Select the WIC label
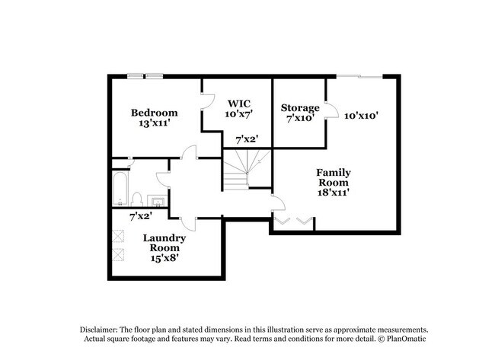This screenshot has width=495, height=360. click(239, 103)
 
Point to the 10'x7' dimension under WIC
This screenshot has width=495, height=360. click(239, 113)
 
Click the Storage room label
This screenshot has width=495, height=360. click(300, 107)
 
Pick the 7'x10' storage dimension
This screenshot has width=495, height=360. click(300, 118)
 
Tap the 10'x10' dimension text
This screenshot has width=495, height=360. click(361, 116)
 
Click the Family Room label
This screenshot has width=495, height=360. click(333, 177)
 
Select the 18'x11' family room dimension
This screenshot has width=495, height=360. click(333, 193)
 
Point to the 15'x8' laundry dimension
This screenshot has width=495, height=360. click(164, 257)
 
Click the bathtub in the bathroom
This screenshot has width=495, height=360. click(119, 188)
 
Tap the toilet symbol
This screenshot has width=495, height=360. click(137, 199)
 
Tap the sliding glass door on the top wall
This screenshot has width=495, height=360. click(359, 75)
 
